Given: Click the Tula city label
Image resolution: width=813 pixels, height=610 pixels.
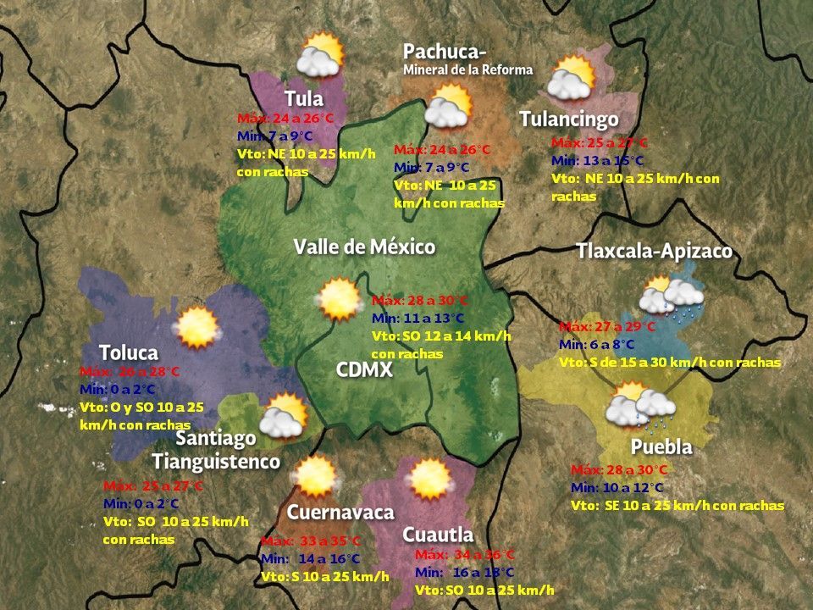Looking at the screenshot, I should pos(304,98).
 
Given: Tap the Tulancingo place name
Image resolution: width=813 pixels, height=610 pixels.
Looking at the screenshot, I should pos(569,119).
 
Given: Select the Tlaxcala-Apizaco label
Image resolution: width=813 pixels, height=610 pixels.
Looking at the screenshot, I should pos(654,252).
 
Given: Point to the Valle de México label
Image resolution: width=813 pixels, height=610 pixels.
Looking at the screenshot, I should pos(364,247).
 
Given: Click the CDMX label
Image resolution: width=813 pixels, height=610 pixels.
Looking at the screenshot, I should pos(364,370).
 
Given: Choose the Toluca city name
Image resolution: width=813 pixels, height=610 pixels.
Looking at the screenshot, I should pos(129,352).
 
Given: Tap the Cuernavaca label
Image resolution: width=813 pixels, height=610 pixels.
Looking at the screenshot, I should pos(340,513).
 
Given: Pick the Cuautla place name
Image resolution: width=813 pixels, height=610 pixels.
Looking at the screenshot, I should pos(437,535).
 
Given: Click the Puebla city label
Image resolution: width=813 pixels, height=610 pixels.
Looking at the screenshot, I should pos(661,446).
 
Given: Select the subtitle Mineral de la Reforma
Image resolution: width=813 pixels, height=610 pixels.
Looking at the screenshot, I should pos(467,69).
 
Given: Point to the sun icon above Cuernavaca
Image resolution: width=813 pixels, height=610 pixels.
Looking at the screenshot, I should pos(316,476).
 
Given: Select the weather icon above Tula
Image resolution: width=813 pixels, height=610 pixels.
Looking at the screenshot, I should pos(320,55).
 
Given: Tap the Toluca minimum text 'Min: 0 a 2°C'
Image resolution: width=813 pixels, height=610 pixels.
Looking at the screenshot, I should pos(118,389).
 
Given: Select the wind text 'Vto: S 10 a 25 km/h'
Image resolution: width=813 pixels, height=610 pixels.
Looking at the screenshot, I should pos(325,577).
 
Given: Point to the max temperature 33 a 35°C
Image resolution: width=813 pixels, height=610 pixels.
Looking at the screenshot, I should pos(311,541).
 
